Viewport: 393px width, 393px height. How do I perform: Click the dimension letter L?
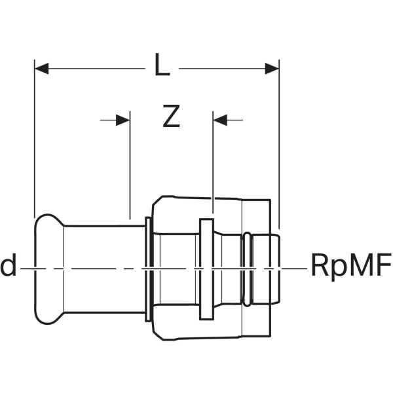click(x=162, y=66)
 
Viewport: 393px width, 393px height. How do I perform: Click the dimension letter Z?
click(x=170, y=117)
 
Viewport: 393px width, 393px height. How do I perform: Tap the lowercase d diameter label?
click(x=9, y=267)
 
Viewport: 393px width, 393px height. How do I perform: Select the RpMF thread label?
click(x=349, y=267)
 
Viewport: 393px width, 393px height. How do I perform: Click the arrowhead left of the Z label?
click(x=122, y=120)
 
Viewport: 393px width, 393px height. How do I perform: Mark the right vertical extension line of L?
click(x=279, y=144)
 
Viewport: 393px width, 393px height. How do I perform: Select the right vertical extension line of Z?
click(x=213, y=164)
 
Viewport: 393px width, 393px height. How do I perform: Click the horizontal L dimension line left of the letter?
click(x=92, y=68)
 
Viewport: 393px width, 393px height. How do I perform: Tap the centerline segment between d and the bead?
click(x=28, y=268)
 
